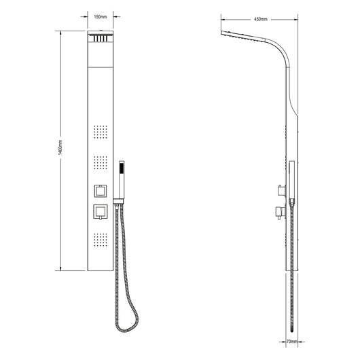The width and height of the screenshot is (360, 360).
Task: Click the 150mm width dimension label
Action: tap(101, 17)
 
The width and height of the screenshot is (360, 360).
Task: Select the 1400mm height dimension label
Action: tap(60, 147)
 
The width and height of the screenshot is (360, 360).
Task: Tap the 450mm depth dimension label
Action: tap(261, 19)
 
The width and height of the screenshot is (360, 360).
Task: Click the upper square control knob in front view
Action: tap(101, 191)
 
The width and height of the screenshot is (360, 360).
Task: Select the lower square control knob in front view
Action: tap(101, 211)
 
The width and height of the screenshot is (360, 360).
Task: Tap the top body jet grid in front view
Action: tap(101, 132)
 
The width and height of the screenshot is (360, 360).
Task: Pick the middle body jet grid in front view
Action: tap(101, 163)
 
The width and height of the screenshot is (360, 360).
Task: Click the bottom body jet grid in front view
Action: tap(101, 240)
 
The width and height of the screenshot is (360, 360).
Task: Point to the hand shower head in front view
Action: tap(122, 179)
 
